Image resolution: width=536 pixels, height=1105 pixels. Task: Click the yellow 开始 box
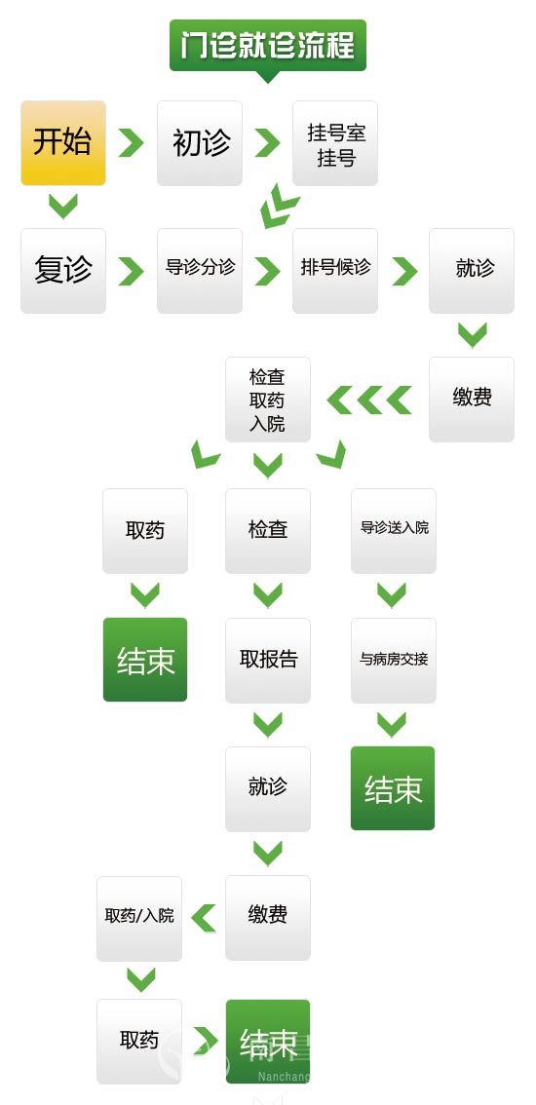tap(63, 143)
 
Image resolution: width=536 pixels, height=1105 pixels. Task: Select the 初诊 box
tap(200, 143)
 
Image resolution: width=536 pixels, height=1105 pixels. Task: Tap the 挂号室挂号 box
tap(335, 143)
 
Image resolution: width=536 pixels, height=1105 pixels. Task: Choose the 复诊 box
tap(63, 271)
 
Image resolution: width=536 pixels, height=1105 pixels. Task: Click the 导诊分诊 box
tap(200, 271)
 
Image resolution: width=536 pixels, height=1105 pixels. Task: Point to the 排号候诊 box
tap(335, 271)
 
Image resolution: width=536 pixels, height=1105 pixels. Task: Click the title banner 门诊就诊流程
tap(268, 47)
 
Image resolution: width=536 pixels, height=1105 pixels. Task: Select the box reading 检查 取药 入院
tap(268, 400)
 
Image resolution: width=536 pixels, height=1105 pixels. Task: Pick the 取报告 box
tap(268, 661)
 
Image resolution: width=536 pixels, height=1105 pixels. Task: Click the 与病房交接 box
tap(394, 661)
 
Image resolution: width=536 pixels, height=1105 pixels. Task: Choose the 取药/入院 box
tap(139, 919)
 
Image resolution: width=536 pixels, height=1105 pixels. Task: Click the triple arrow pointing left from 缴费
tap(369, 400)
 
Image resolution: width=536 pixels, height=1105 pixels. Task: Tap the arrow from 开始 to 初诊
tap(131, 143)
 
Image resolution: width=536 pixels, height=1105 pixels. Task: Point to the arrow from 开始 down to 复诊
tap(62, 206)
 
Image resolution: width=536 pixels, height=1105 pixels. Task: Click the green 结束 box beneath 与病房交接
tap(393, 788)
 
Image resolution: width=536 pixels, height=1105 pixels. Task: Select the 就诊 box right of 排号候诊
tap(472, 271)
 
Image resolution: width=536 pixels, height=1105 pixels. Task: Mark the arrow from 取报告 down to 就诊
tap(268, 724)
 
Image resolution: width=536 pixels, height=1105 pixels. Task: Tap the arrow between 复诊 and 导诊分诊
tap(131, 271)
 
